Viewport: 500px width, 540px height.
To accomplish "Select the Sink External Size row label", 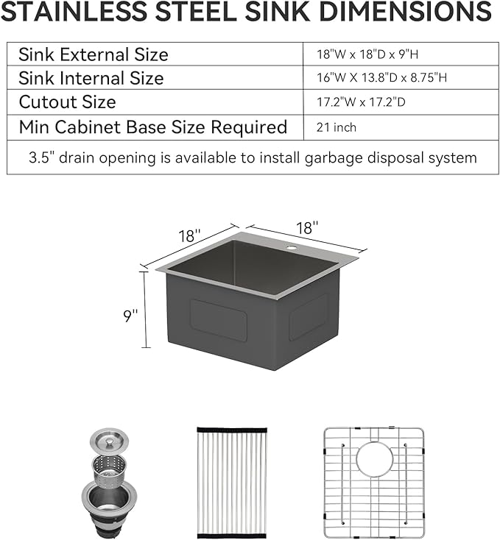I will (x=94, y=54).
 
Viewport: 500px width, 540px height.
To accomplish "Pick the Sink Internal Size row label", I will (x=91, y=78).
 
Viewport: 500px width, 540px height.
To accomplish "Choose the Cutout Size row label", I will (x=67, y=102).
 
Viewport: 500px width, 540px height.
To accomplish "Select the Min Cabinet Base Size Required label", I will (x=152, y=127).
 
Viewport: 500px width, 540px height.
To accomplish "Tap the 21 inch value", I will (x=335, y=127).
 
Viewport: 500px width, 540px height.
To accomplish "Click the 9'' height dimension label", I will (x=130, y=316).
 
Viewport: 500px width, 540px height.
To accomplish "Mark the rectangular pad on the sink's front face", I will (x=219, y=319).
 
